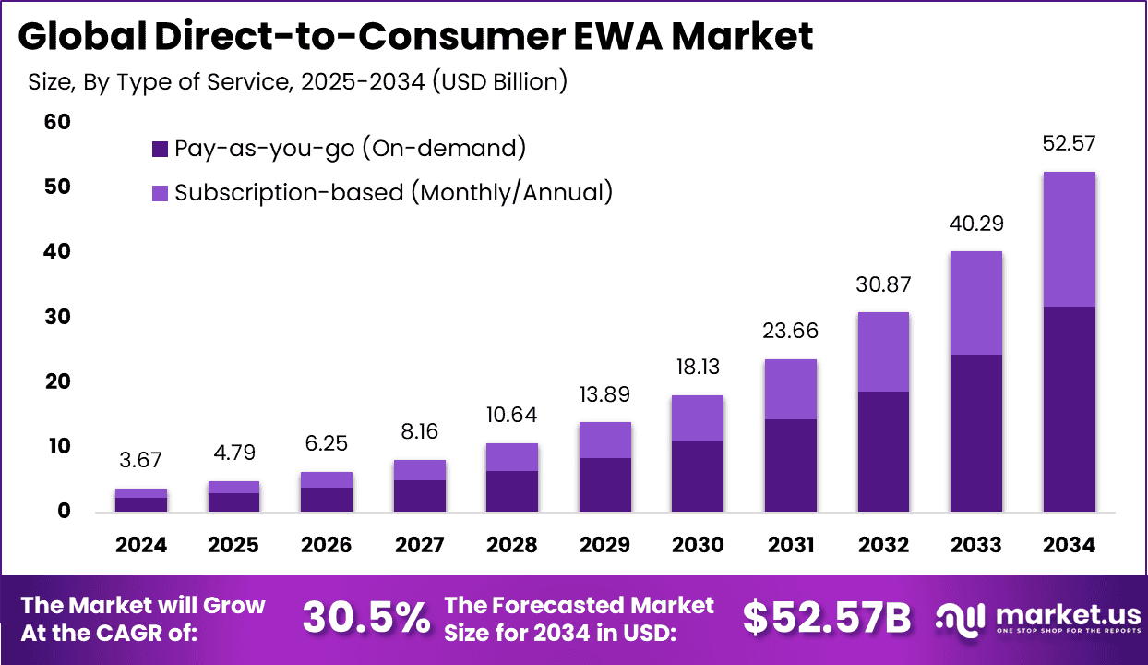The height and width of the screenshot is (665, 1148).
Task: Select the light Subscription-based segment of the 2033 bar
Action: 975,303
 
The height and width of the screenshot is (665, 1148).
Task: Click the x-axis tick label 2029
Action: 604,545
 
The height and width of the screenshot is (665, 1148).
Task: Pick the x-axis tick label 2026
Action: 327,545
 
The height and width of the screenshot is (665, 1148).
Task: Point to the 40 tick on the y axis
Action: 57,251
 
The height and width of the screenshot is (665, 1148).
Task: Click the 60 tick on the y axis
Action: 57,122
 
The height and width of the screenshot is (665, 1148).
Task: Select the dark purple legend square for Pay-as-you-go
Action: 160,148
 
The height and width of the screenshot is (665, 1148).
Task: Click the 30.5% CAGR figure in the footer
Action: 366,618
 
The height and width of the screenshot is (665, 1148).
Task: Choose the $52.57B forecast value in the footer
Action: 827,618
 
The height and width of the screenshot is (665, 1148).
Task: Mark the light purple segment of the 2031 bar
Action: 790,389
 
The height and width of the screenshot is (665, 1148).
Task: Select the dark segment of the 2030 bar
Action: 697,477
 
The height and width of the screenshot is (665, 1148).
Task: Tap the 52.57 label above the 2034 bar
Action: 1069,144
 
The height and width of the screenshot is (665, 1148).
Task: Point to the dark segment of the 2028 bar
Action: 512,491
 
